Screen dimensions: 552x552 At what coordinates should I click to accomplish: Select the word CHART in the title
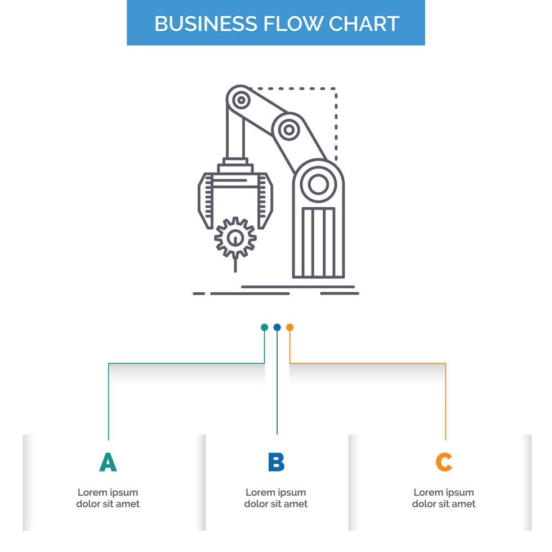(364, 24)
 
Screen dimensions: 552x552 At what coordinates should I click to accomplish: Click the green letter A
(108, 462)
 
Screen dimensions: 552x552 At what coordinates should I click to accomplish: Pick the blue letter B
(276, 462)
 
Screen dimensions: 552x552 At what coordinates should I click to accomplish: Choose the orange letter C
(444, 462)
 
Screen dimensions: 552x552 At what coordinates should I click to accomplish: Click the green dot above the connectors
(264, 327)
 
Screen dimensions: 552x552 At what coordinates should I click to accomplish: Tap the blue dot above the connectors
(277, 327)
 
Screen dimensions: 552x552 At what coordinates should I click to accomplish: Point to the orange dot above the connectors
(290, 327)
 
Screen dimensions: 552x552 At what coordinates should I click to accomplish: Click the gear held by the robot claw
(235, 238)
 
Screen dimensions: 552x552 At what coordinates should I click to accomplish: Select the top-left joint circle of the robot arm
(241, 100)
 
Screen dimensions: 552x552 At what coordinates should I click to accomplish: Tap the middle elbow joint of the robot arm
(289, 130)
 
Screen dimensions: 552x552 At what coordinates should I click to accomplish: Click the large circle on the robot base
(318, 184)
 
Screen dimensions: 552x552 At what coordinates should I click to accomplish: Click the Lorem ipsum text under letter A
(108, 498)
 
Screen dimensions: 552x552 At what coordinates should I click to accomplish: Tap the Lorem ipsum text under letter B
(276, 498)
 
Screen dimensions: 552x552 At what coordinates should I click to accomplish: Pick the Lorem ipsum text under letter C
(444, 498)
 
